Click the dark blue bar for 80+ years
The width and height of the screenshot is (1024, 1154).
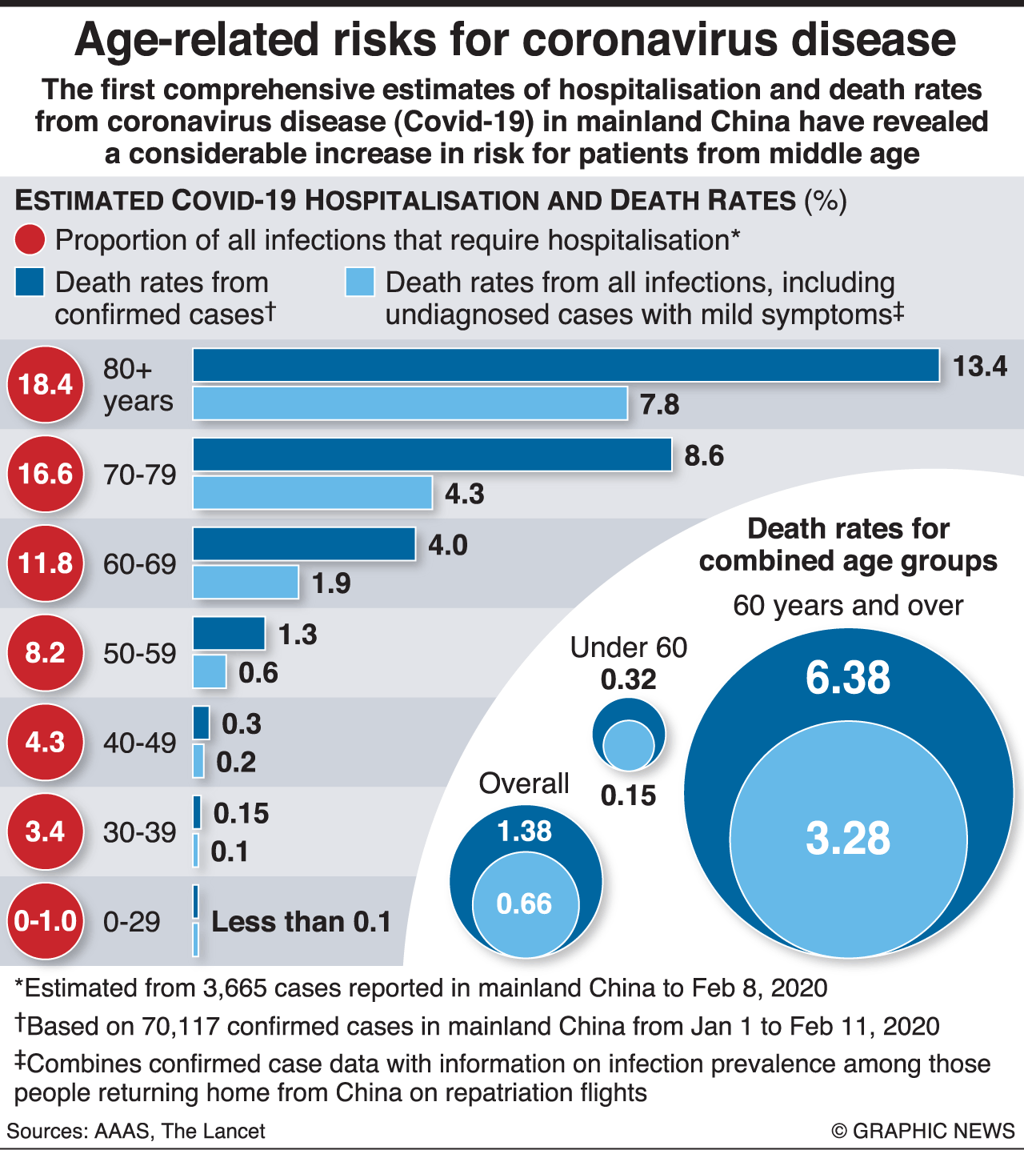[x=566, y=366]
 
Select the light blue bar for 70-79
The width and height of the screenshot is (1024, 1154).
[x=313, y=493]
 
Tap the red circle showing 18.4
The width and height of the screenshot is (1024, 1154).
[x=46, y=385]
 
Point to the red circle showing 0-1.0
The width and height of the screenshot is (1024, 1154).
[x=46, y=921]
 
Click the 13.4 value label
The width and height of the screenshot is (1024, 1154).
[x=979, y=367]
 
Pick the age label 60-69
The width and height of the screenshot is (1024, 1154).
[x=139, y=564]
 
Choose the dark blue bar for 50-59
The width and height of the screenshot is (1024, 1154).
[x=229, y=634]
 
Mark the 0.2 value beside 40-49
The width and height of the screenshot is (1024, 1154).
[x=236, y=762]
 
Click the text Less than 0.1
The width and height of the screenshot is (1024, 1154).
[x=301, y=922]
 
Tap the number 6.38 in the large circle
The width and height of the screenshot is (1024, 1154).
[x=847, y=678]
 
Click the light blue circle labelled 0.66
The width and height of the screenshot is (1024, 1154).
[x=525, y=904]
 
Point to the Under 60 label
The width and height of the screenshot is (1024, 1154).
[x=629, y=647]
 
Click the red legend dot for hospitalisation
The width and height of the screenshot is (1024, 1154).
[x=30, y=240]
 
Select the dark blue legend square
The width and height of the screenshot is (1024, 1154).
[x=29, y=282]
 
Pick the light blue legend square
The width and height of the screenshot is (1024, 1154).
[x=360, y=282]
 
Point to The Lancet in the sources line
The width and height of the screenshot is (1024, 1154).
[x=213, y=1131]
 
